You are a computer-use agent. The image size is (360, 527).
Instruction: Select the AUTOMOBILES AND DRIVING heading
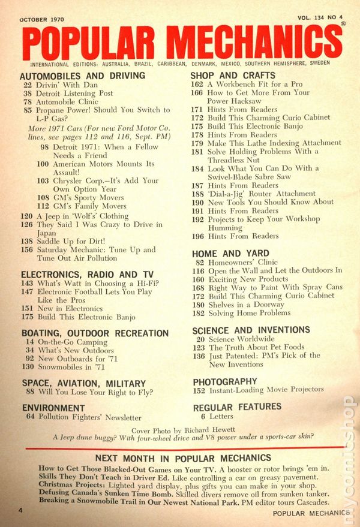[82, 76]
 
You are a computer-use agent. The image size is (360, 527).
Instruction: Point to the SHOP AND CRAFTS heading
[233, 75]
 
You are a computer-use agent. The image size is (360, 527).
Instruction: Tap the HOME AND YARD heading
[230, 253]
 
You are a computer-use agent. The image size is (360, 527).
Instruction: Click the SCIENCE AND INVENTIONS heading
[251, 330]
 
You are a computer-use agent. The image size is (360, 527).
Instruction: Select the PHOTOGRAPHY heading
[225, 381]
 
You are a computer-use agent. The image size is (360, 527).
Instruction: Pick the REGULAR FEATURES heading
[237, 407]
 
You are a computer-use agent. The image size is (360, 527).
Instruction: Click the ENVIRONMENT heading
[53, 407]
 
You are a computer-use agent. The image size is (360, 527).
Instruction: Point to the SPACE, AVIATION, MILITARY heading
[83, 383]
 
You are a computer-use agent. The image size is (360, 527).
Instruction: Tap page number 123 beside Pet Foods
[200, 347]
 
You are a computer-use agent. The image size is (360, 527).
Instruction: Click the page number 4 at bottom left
[20, 511]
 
